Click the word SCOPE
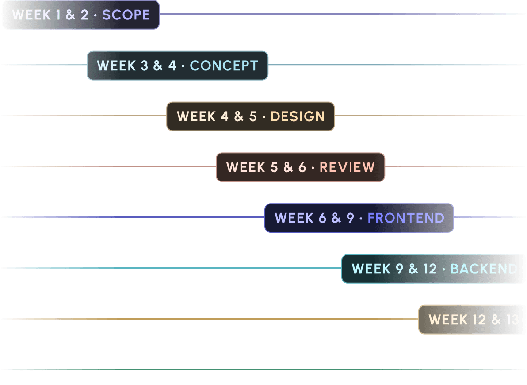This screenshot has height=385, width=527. (126, 15)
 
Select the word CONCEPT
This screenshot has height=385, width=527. (224, 66)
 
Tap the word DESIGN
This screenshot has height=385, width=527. (298, 117)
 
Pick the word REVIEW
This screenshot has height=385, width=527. (347, 167)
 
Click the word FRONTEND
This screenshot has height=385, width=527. (406, 218)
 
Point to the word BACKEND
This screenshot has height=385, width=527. (484, 269)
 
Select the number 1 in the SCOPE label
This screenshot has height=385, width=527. (58, 15)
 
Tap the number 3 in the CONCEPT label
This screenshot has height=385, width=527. (145, 66)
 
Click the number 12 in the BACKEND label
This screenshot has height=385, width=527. (430, 269)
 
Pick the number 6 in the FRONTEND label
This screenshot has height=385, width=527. (322, 218)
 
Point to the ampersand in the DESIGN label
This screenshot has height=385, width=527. (239, 117)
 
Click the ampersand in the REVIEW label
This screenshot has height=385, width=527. (288, 167)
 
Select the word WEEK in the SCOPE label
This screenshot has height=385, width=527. (31, 15)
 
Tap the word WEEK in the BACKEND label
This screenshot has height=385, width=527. (371, 269)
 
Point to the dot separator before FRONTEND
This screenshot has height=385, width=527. (361, 218)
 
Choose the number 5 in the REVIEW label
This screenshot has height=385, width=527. (274, 167)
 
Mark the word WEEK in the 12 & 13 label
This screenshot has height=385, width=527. (448, 320)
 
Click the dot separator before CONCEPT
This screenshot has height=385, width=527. (183, 66)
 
